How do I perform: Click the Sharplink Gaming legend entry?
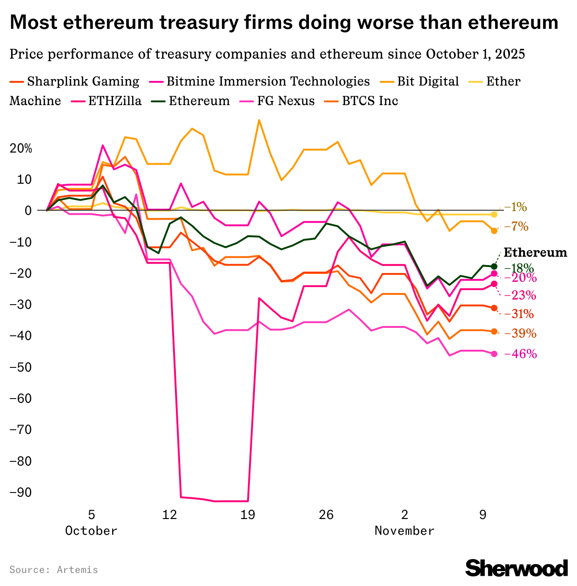(74, 81)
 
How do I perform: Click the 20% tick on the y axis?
(21, 149)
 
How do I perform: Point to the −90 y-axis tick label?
(20, 493)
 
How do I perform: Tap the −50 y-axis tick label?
(20, 367)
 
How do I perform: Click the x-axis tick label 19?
(248, 515)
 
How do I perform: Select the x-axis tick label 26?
(326, 515)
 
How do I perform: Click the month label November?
(404, 531)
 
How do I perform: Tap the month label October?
(91, 531)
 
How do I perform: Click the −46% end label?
(523, 354)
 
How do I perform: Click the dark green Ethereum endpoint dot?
(494, 266)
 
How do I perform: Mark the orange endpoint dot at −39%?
(494, 332)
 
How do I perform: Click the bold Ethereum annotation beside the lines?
(536, 253)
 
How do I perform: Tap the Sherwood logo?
(517, 568)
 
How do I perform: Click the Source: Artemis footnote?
(54, 570)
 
